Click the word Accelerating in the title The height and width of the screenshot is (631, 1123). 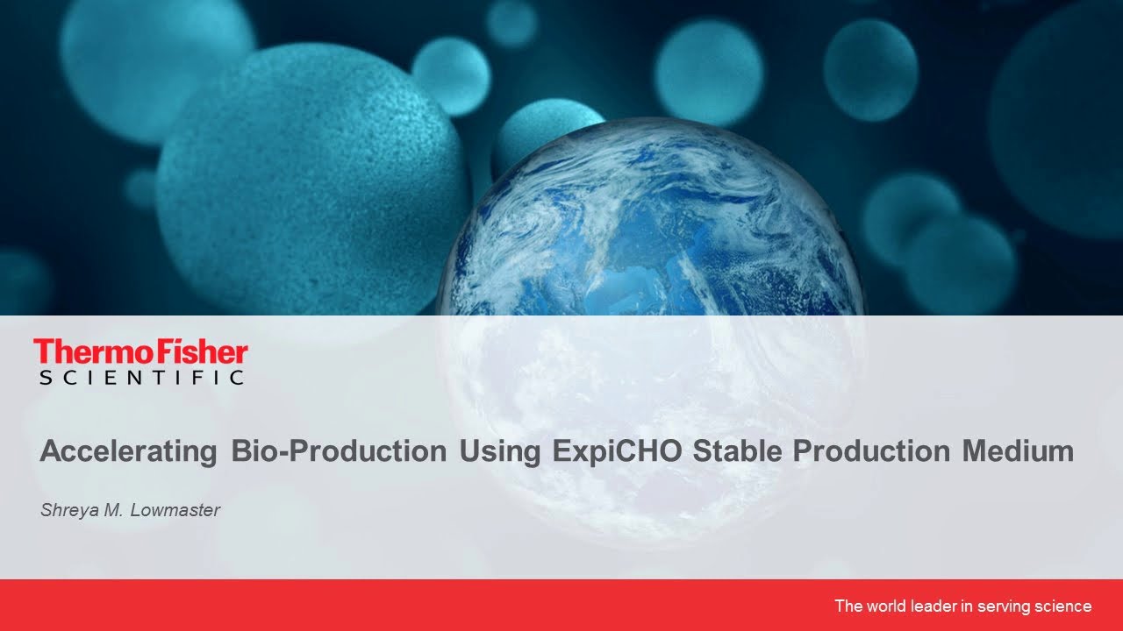click(128, 452)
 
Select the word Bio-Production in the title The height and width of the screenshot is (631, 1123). click(339, 452)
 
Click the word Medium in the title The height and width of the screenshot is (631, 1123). click(1018, 452)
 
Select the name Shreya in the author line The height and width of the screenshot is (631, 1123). click(68, 510)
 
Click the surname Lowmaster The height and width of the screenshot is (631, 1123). click(175, 510)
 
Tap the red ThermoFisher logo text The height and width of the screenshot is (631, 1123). click(140, 352)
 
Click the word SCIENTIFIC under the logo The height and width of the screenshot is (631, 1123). click(140, 378)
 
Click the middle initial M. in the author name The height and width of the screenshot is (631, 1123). click(113, 510)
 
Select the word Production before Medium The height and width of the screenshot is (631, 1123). click(870, 452)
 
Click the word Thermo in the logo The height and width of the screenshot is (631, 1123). click(83, 352)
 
